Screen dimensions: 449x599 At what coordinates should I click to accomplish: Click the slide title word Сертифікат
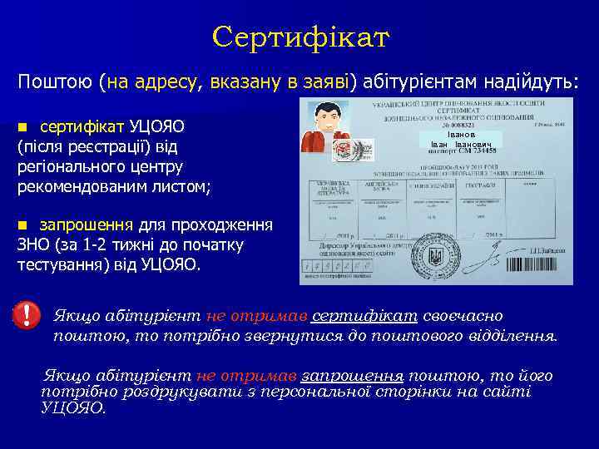[x=300, y=37]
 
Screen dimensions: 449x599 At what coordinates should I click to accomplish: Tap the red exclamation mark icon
[x=27, y=314]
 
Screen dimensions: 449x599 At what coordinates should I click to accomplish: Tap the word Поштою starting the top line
[x=54, y=83]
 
